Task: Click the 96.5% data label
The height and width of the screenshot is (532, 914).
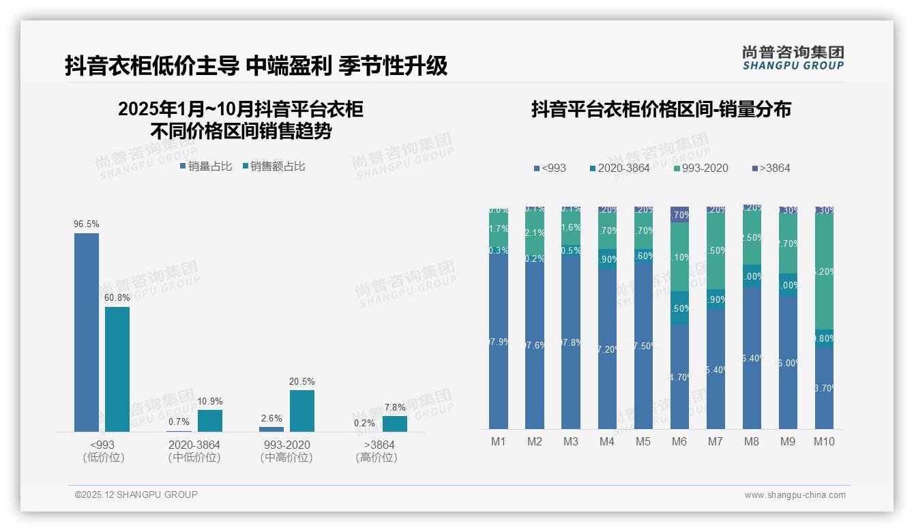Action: tap(87, 224)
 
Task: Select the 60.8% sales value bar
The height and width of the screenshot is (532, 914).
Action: tap(117, 369)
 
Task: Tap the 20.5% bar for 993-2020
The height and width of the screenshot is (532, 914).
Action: tap(302, 411)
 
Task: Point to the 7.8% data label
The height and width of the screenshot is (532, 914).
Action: tap(395, 407)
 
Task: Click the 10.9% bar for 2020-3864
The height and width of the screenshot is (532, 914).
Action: tap(210, 421)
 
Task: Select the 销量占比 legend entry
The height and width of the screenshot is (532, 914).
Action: tap(206, 166)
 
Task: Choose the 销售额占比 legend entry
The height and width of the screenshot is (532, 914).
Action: tap(274, 166)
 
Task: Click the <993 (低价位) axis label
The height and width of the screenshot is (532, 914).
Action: tap(103, 451)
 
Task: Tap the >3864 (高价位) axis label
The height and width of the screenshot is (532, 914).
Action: tap(376, 451)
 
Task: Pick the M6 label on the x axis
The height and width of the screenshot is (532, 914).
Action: tap(679, 441)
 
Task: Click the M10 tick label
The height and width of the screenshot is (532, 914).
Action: tap(824, 441)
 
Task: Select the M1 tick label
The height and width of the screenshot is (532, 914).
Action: tap(499, 441)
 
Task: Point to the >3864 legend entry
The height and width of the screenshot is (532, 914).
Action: tap(771, 168)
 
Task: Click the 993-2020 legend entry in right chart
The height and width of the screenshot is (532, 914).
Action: tap(701, 168)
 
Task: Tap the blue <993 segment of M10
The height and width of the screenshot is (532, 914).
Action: tap(824, 388)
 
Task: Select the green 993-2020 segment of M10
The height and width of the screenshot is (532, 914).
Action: tap(824, 271)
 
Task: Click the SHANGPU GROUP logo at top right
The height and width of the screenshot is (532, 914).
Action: tap(793, 57)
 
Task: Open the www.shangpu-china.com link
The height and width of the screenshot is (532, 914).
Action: tap(795, 495)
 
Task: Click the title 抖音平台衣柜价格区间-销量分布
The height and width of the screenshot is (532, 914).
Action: tap(661, 110)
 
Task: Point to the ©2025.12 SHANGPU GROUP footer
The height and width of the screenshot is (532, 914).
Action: tap(136, 494)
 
